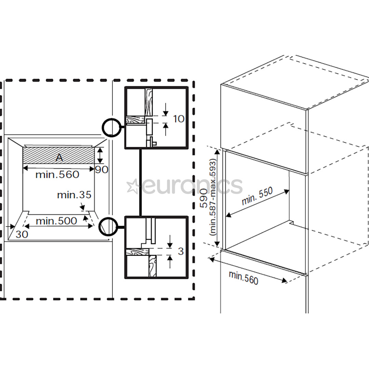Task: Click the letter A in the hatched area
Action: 59,158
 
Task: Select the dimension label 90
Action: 101,169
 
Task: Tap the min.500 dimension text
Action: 56,221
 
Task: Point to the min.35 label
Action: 74,195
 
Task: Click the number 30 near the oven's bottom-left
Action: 22,234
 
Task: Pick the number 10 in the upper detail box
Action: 179,119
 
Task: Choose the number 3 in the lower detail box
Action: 181,251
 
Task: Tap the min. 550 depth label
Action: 257,196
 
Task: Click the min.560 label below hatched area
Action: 57,175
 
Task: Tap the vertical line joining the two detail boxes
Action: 140,183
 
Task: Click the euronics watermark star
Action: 132,186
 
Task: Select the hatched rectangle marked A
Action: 41,155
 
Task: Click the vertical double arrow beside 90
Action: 99,155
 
